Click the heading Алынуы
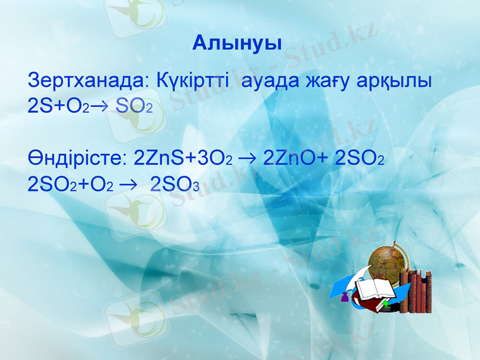[238, 43]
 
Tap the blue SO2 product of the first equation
[134, 106]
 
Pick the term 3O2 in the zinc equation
[214, 159]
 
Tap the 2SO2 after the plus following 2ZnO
[359, 159]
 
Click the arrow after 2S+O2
[100, 107]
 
